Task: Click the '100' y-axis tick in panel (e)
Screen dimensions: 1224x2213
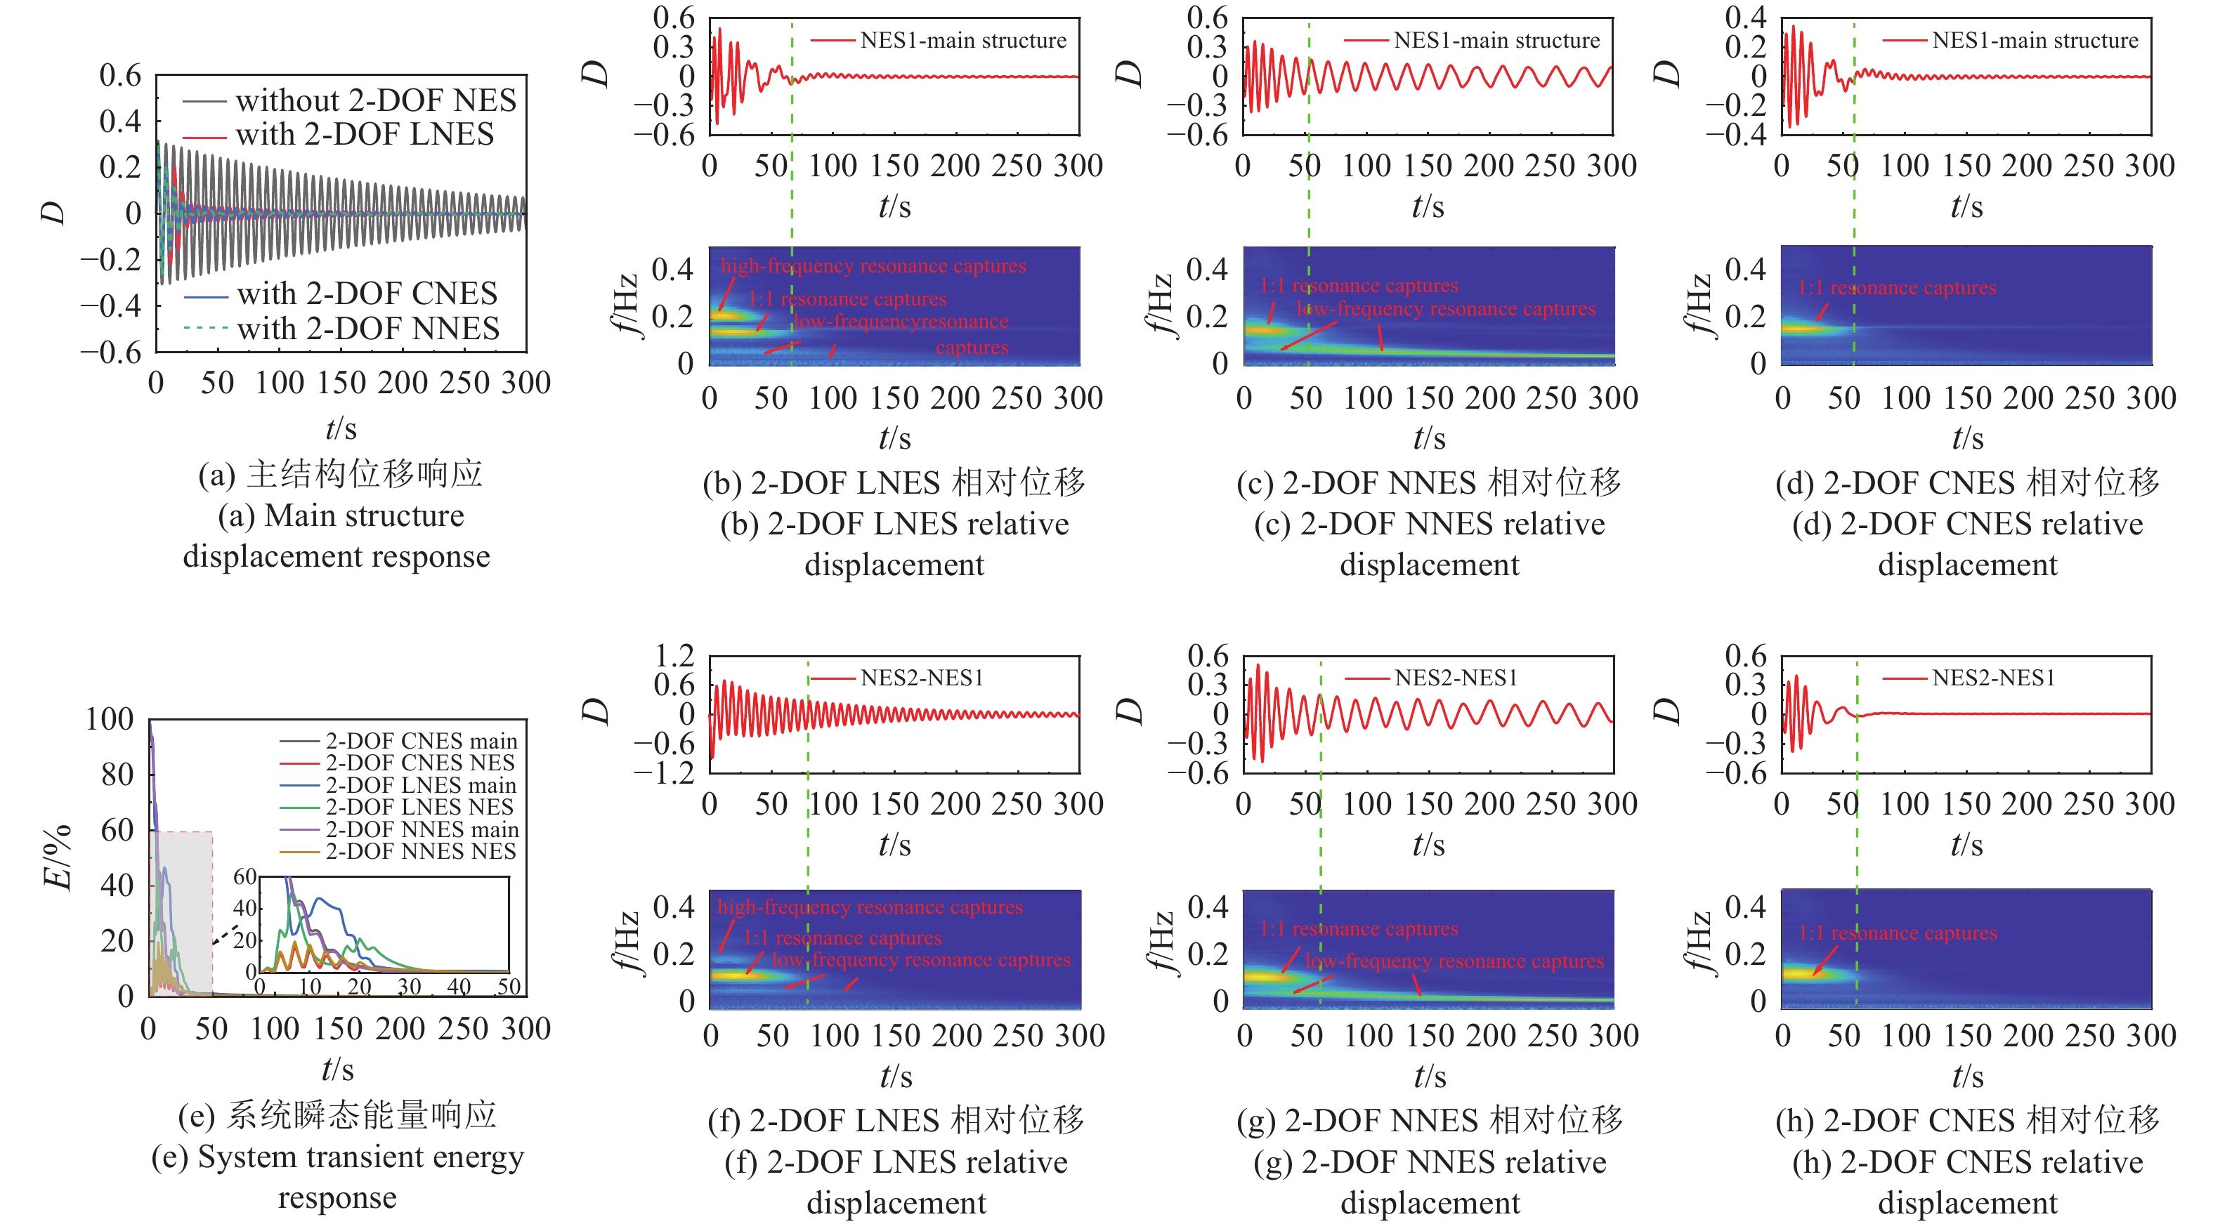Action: click(x=109, y=719)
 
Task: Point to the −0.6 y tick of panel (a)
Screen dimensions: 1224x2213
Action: click(x=111, y=351)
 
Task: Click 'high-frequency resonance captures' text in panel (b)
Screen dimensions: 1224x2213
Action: click(x=873, y=265)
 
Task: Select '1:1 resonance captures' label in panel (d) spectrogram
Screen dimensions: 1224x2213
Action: click(x=1897, y=288)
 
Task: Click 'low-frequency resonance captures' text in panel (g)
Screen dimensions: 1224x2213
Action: click(x=1454, y=960)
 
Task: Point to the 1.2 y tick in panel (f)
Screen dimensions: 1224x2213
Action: click(x=674, y=656)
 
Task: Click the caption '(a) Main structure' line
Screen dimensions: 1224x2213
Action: click(x=341, y=515)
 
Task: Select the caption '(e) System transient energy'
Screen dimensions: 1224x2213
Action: click(x=338, y=1157)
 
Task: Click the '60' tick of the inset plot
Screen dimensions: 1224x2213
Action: click(x=245, y=876)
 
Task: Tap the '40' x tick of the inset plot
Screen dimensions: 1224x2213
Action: click(x=459, y=986)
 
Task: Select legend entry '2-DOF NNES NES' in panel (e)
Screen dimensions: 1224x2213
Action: click(x=421, y=851)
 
